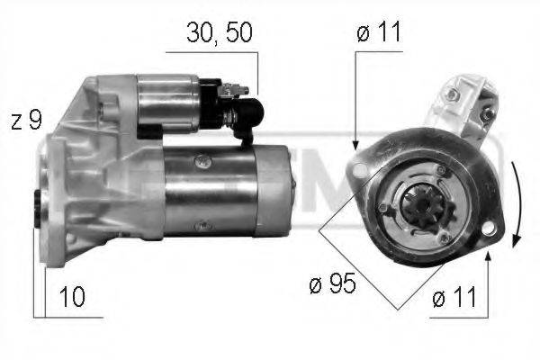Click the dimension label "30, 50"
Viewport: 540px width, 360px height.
click(219, 32)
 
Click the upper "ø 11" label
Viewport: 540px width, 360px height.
click(379, 32)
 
